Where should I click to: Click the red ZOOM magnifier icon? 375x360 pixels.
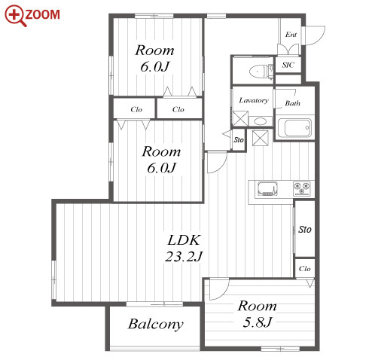pyautogui.click(x=15, y=16)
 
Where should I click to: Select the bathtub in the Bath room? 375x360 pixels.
pyautogui.click(x=294, y=127)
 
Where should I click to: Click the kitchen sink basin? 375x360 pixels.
pyautogui.click(x=267, y=189)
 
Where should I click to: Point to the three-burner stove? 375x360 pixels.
pyautogui.click(x=302, y=188)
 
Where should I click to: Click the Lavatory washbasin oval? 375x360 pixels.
pyautogui.click(x=261, y=122)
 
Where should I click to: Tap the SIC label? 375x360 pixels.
pyautogui.click(x=288, y=65)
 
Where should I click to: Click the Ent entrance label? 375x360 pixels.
pyautogui.click(x=291, y=35)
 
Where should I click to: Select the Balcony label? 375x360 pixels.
pyautogui.click(x=156, y=324)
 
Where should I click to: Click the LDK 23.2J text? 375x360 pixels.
pyautogui.click(x=184, y=248)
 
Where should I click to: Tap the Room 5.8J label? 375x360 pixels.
pyautogui.click(x=258, y=314)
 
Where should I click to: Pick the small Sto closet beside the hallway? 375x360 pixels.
pyautogui.click(x=239, y=140)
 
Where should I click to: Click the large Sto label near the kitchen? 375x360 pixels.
pyautogui.click(x=305, y=229)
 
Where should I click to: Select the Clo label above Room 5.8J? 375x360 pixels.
pyautogui.click(x=305, y=269)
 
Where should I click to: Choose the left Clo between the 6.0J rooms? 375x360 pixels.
pyautogui.click(x=136, y=109)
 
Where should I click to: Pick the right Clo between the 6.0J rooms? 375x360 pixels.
pyautogui.click(x=178, y=109)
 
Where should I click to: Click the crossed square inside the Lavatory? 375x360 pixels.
pyautogui.click(x=240, y=118)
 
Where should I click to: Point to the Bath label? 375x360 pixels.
pyautogui.click(x=293, y=103)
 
